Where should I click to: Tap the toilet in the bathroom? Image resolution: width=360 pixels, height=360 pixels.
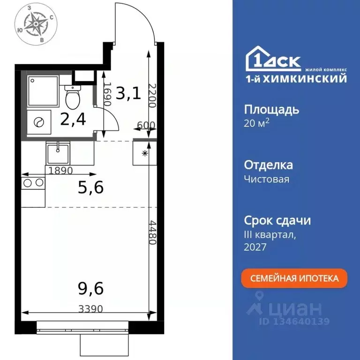[72, 97]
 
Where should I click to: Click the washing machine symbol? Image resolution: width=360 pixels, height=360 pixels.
[37, 122]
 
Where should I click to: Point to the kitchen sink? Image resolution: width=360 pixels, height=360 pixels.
[57, 152]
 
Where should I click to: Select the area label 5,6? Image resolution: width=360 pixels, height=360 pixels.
[90, 187]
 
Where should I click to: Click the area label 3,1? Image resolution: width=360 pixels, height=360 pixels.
[128, 94]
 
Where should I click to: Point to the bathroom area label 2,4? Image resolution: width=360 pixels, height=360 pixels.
[73, 120]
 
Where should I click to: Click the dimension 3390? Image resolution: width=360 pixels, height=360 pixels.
[90, 309]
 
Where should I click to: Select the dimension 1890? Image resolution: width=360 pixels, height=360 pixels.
[61, 171]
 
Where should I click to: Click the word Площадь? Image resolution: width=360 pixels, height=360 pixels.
[271, 111]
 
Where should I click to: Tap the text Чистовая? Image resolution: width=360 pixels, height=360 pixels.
[267, 179]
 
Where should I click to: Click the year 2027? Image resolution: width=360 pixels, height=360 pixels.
[255, 247]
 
